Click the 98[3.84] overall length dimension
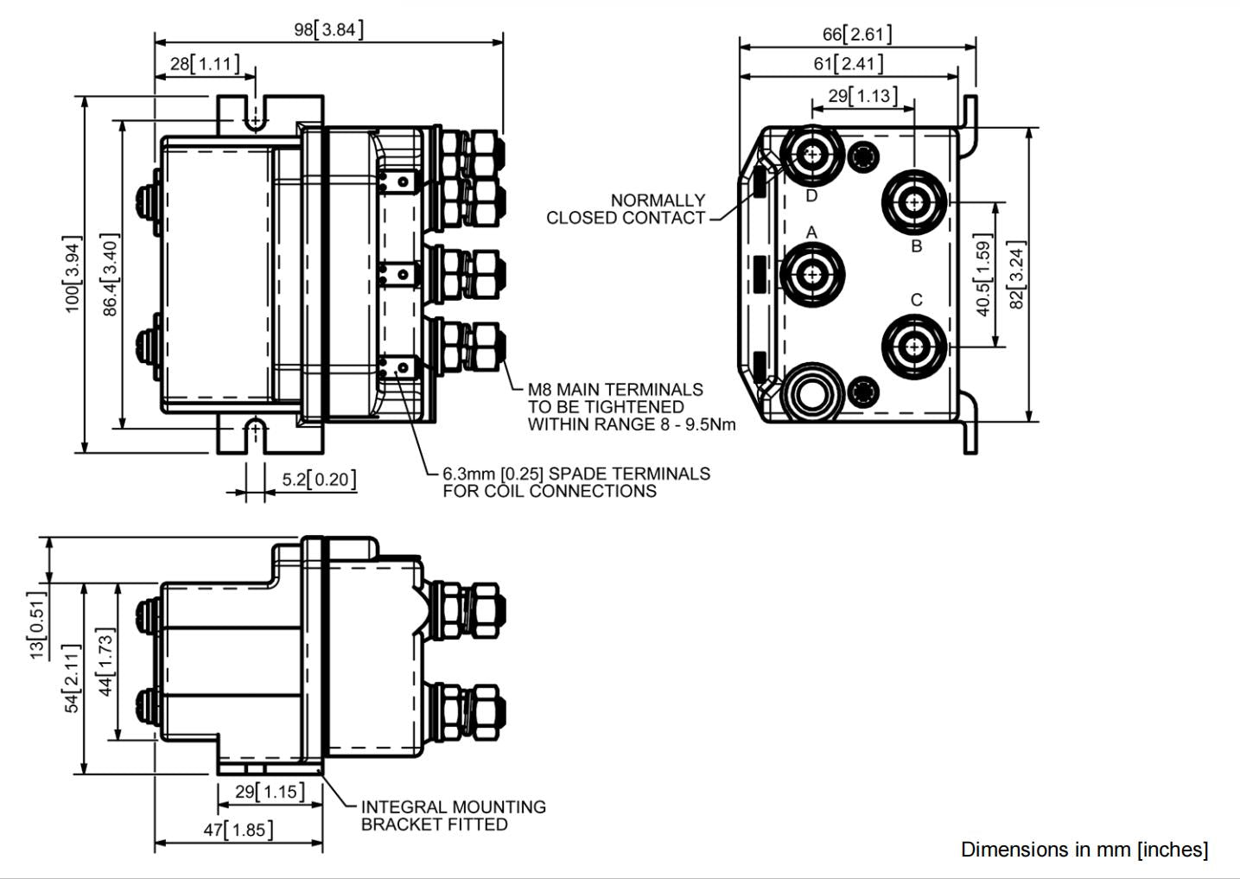pos(329,29)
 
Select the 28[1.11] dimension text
pos(205,64)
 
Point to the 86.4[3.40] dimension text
pos(111,275)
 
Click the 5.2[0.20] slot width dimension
pos(319,479)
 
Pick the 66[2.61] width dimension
pos(857,35)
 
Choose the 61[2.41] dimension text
pos(848,64)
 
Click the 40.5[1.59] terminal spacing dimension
pos(983,275)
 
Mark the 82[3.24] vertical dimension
pos(1017,275)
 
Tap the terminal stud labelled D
pos(812,156)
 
